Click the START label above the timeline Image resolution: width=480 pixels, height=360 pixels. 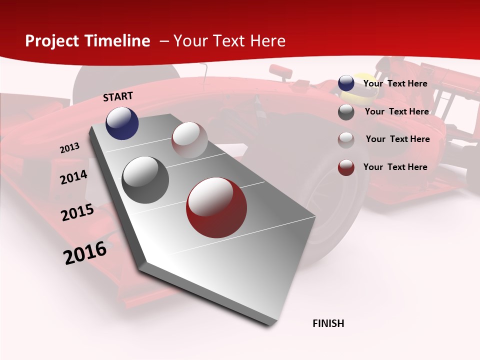[x=118, y=96]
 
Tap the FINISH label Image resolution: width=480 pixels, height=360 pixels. [x=328, y=323]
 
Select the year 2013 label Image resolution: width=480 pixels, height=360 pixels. [x=70, y=148]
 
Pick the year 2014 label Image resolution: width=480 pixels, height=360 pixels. [x=73, y=177]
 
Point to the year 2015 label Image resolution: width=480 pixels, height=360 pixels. [x=77, y=212]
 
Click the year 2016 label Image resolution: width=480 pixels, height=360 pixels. [x=85, y=253]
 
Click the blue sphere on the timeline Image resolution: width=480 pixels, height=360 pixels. [x=122, y=123]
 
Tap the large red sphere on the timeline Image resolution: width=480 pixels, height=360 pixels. [x=216, y=207]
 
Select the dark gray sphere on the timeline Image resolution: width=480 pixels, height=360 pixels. [x=145, y=180]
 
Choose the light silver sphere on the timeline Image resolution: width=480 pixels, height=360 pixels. [x=189, y=140]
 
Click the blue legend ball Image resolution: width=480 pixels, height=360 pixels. [x=346, y=83]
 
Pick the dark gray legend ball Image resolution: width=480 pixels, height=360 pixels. [x=346, y=112]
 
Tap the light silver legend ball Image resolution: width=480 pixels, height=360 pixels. [x=346, y=139]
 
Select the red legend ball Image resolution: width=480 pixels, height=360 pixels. [x=346, y=167]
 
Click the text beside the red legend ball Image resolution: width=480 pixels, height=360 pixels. [x=395, y=167]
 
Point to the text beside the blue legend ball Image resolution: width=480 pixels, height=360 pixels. [x=395, y=83]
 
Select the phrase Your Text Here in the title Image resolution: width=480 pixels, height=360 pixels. [x=229, y=41]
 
